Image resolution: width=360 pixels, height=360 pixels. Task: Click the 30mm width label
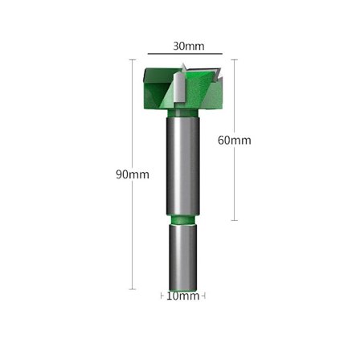[x=189, y=46]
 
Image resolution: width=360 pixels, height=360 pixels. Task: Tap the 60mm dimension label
[x=235, y=140]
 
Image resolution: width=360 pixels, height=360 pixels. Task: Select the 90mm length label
[x=133, y=174]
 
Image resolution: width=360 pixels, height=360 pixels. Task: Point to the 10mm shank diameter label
[x=183, y=296]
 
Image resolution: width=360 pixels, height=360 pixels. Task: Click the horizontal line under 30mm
[x=185, y=54]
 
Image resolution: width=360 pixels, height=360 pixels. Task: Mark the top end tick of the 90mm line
[x=133, y=59]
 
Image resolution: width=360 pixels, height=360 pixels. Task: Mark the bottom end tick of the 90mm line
[x=133, y=289]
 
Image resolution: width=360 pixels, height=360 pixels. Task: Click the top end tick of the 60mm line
[x=235, y=59]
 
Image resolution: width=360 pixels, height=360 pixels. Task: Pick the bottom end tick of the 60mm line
[x=235, y=220]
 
